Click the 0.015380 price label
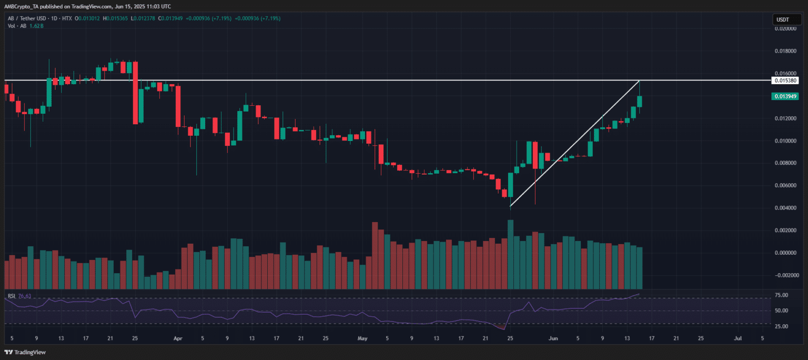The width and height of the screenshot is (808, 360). pyautogui.click(x=785, y=81)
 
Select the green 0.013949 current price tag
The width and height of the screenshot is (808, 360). pyautogui.click(x=785, y=96)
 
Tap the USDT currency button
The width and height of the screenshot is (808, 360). pyautogui.click(x=783, y=20)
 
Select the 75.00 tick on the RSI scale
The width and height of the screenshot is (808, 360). pyautogui.click(x=781, y=295)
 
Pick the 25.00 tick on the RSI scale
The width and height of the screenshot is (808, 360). pyautogui.click(x=781, y=326)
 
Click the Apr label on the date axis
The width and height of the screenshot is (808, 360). pyautogui.click(x=177, y=339)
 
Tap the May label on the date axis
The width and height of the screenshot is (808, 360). pyautogui.click(x=362, y=339)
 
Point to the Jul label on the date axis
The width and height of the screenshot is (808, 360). pyautogui.click(x=738, y=339)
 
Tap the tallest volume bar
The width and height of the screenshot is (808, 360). pyautogui.click(x=510, y=254)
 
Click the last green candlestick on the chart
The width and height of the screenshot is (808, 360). pyautogui.click(x=640, y=101)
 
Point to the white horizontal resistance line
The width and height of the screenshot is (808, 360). pyautogui.click(x=368, y=81)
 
